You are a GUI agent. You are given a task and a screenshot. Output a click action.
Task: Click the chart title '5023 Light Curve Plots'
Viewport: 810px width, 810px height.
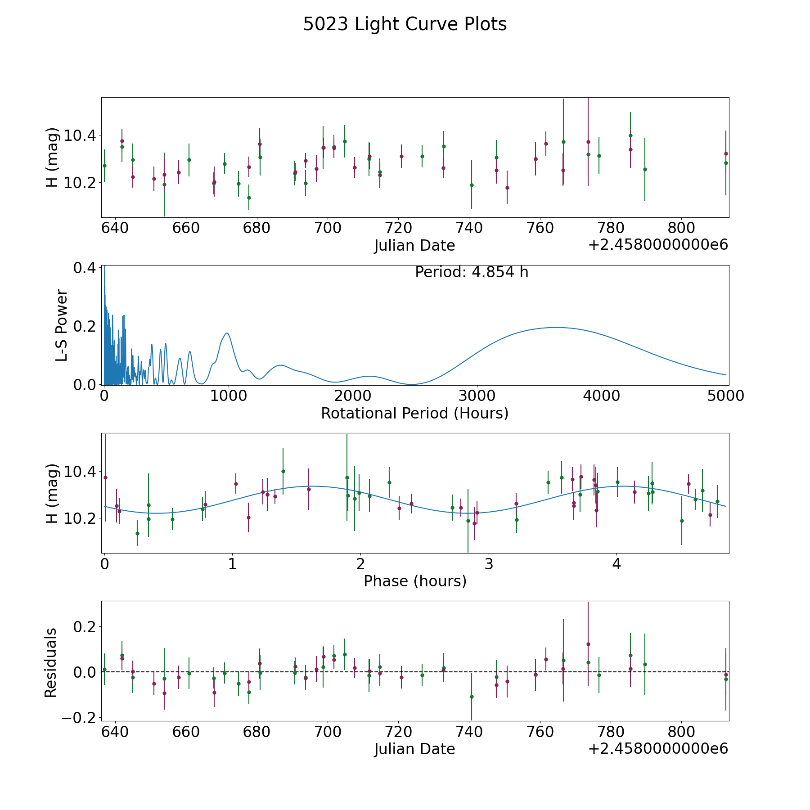405,24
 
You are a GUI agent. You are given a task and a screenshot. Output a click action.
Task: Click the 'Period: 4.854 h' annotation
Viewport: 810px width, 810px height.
471,272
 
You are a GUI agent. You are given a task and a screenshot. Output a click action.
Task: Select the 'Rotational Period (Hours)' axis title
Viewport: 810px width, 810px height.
414,413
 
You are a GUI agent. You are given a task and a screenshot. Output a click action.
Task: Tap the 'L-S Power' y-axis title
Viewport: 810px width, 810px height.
62,325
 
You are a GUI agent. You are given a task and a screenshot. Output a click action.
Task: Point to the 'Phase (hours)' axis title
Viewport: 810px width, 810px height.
414,581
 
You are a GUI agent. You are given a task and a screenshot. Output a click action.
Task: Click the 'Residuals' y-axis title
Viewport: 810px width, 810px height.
51,662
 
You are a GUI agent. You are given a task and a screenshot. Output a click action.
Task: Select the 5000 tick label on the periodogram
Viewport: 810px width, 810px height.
725,396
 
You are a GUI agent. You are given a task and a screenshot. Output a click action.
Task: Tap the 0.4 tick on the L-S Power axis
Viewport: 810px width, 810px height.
85,268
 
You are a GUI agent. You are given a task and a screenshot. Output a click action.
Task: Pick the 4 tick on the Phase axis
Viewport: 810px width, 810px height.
616,564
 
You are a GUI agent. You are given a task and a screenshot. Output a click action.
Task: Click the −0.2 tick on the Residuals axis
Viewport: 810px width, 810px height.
76,718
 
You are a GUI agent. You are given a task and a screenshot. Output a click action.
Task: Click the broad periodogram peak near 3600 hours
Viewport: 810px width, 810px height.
556,328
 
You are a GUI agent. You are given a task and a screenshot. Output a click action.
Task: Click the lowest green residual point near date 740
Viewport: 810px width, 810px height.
472,697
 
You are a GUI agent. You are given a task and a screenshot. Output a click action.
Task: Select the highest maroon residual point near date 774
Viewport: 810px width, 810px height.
588,644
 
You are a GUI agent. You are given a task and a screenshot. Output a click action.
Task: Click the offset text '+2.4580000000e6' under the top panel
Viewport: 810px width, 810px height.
658,245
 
